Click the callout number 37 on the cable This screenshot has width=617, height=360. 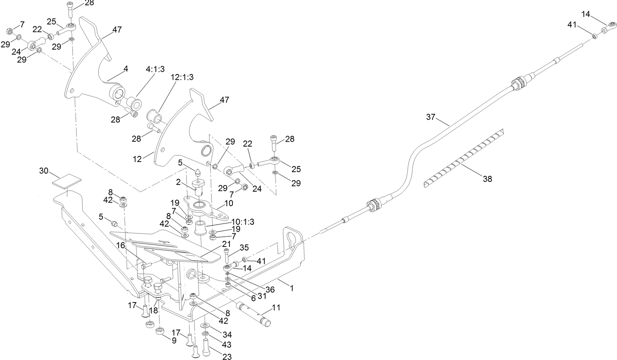(x=430, y=117)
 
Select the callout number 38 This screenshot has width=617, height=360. (x=487, y=179)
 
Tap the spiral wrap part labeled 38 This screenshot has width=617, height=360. (x=464, y=158)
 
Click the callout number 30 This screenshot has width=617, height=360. (x=44, y=171)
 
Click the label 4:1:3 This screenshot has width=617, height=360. (x=155, y=70)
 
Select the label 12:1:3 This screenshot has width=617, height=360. (x=182, y=77)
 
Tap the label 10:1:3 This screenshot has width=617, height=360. (x=242, y=222)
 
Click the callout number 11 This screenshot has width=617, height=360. (x=276, y=307)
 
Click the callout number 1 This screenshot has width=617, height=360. (x=292, y=288)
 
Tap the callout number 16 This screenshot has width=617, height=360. (x=120, y=246)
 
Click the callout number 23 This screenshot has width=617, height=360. (x=227, y=357)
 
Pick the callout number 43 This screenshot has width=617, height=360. (x=227, y=344)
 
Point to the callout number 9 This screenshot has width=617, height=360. (x=174, y=341)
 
